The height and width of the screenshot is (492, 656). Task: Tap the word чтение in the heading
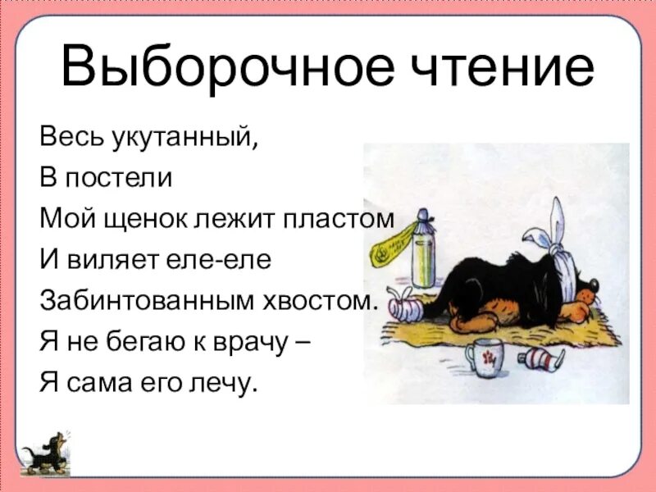(x=498, y=67)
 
